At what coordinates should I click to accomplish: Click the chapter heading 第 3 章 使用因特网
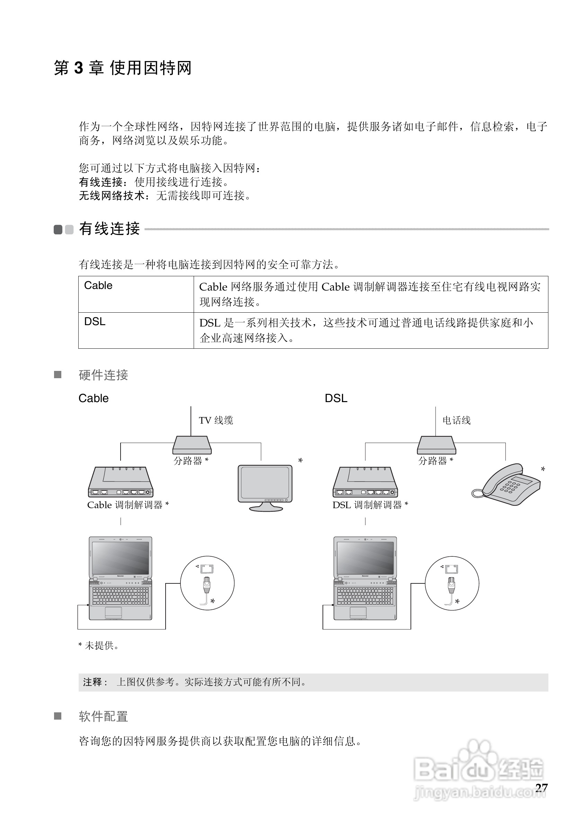pyautogui.click(x=122, y=68)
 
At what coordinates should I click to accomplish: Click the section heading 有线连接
pyautogui.click(x=109, y=229)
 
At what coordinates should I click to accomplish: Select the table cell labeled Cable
pyautogui.click(x=136, y=294)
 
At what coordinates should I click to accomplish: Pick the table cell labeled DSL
pyautogui.click(x=136, y=330)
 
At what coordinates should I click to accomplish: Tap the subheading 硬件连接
pyautogui.click(x=103, y=375)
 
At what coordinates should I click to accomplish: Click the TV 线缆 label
pyautogui.click(x=216, y=420)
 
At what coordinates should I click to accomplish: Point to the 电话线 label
pyautogui.click(x=456, y=420)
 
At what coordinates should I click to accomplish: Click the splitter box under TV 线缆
pyautogui.click(x=192, y=445)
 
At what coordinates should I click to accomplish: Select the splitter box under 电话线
pyautogui.click(x=436, y=445)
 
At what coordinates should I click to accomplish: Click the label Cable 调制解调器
pyautogui.click(x=127, y=505)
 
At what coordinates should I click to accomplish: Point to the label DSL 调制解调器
pyautogui.click(x=370, y=505)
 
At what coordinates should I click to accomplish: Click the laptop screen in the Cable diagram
pyautogui.click(x=121, y=558)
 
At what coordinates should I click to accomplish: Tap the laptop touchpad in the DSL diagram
pyautogui.click(x=358, y=612)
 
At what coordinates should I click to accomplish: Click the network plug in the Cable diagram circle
pyautogui.click(x=207, y=586)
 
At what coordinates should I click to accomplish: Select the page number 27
pyautogui.click(x=541, y=788)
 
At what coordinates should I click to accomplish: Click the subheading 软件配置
pyautogui.click(x=103, y=717)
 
